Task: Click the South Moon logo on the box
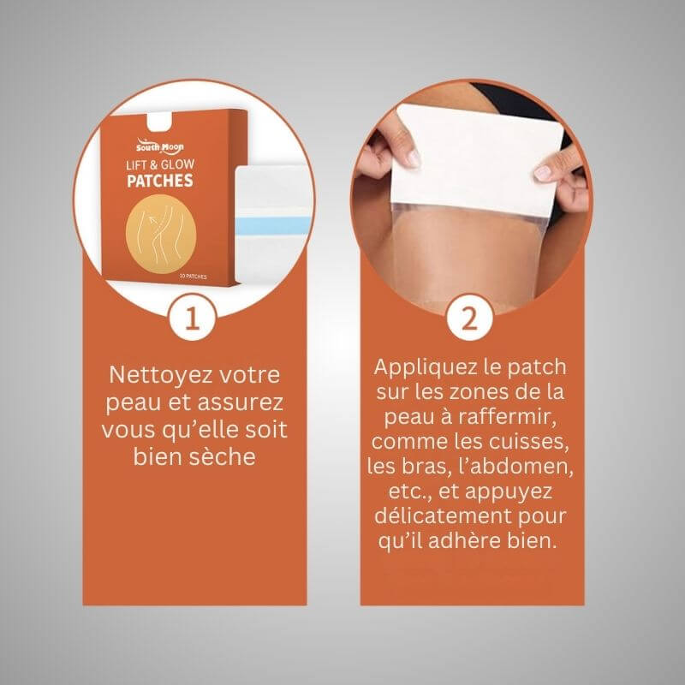point(159,146)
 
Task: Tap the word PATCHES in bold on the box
point(160,181)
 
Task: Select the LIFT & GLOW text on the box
point(160,164)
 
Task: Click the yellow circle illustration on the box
point(161,234)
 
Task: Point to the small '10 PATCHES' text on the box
point(194,277)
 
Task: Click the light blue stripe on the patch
point(273,225)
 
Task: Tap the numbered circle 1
point(192,318)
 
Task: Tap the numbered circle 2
point(469,318)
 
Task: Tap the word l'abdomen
point(515,466)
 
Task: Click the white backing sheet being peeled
point(476,159)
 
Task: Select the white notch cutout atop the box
point(159,122)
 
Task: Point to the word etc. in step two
point(410,491)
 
